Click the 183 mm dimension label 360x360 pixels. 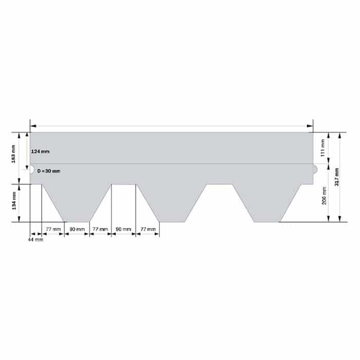click(13, 154)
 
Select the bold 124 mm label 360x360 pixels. click(40, 152)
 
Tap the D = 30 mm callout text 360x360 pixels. click(49, 171)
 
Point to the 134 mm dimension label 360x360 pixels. click(14, 201)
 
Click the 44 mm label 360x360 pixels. click(35, 240)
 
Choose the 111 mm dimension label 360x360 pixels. click(322, 148)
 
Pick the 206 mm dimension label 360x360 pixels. click(324, 195)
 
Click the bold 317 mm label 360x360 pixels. click(337, 177)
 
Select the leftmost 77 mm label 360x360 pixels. click(53, 229)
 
